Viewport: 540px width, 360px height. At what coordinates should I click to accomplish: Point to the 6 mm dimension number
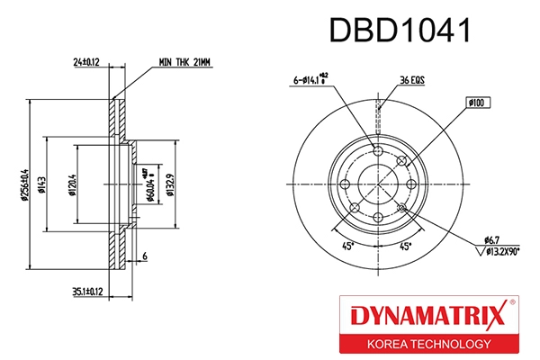click(143, 258)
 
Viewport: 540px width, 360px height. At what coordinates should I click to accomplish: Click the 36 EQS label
click(411, 80)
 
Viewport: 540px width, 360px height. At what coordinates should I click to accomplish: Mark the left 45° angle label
click(346, 246)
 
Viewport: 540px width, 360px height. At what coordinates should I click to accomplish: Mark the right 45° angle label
click(406, 246)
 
